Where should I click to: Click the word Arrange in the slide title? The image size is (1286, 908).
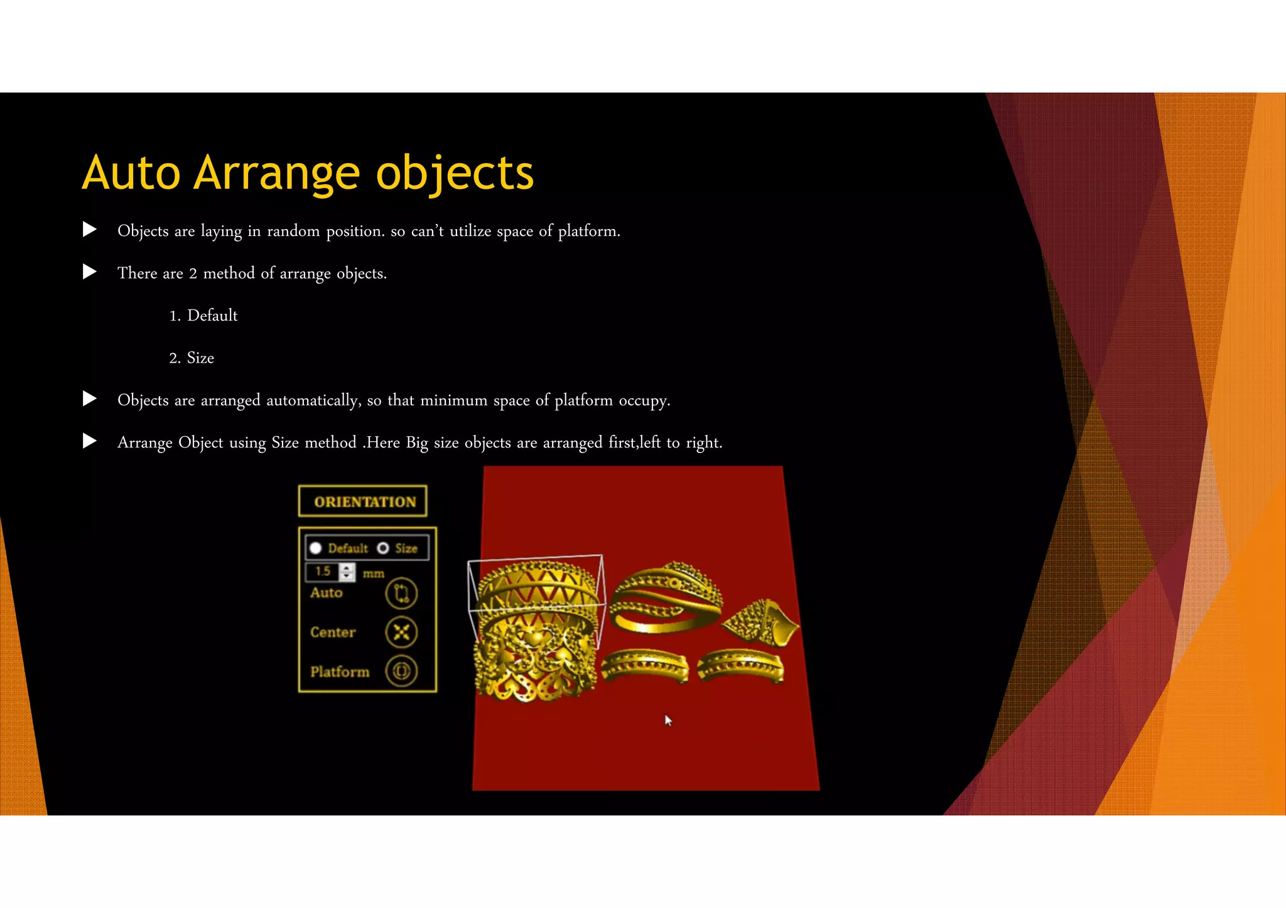pyautogui.click(x=277, y=174)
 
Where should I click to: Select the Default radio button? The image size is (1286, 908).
pyautogui.click(x=316, y=548)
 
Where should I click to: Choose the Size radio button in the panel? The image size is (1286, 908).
pyautogui.click(x=383, y=548)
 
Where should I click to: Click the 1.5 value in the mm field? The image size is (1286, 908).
pyautogui.click(x=323, y=572)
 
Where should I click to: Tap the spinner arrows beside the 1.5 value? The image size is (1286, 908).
pyautogui.click(x=347, y=572)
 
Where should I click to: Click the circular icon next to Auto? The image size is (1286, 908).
pyautogui.click(x=401, y=594)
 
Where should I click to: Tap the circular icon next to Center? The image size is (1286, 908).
pyautogui.click(x=401, y=632)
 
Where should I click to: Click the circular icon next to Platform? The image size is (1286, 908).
pyautogui.click(x=401, y=671)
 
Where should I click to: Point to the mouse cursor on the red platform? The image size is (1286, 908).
pyautogui.click(x=668, y=720)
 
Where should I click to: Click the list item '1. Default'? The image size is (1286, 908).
pyautogui.click(x=203, y=316)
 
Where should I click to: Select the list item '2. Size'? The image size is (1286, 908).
pyautogui.click(x=192, y=358)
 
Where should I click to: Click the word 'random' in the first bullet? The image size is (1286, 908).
pyautogui.click(x=293, y=232)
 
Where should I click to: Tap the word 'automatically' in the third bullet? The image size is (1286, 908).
pyautogui.click(x=313, y=400)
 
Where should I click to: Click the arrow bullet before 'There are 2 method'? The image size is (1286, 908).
pyautogui.click(x=90, y=272)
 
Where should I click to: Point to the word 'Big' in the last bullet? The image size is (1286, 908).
pyautogui.click(x=416, y=443)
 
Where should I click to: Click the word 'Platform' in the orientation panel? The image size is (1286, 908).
pyautogui.click(x=340, y=672)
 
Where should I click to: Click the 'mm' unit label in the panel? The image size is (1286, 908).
pyautogui.click(x=373, y=574)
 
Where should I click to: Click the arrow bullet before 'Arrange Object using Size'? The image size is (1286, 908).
pyautogui.click(x=90, y=441)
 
